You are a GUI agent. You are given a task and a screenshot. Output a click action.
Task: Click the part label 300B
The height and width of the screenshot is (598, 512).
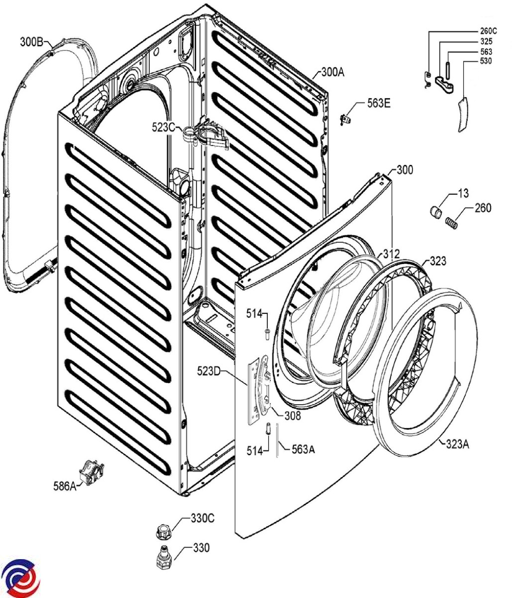coord(31,42)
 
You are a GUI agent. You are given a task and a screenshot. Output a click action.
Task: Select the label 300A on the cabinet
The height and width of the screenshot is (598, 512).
coord(332,72)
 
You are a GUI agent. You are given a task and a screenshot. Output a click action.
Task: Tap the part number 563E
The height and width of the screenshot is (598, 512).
coord(379,103)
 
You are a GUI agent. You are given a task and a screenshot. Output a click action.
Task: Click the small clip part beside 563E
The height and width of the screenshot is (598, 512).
coord(346,118)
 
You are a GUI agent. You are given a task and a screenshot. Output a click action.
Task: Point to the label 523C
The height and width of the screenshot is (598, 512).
coord(164,128)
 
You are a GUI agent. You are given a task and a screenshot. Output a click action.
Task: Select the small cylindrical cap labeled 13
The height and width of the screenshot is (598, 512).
coord(436,213)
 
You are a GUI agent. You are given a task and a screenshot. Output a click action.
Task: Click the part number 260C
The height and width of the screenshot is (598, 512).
coord(489,31)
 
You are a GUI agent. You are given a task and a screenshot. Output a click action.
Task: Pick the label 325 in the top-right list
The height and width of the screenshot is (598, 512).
coord(486,41)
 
